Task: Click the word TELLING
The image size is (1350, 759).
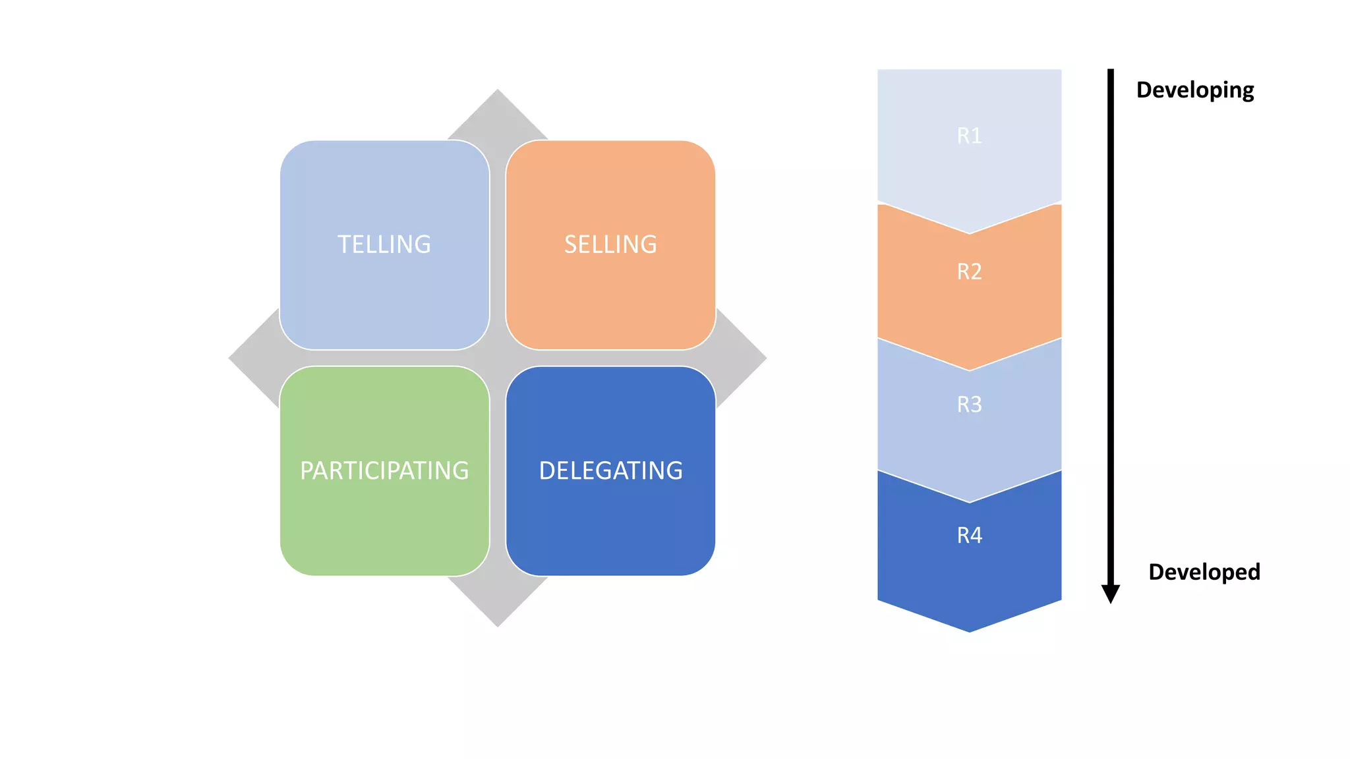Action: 384,244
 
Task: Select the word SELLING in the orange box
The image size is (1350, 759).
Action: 610,244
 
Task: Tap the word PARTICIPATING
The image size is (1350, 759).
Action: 384,470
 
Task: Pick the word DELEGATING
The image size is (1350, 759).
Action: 610,470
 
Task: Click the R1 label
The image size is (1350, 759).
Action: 969,136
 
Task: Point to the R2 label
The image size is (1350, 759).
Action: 969,271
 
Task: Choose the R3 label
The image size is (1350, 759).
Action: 969,404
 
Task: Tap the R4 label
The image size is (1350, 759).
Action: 969,535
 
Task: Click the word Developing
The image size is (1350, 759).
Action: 1194,90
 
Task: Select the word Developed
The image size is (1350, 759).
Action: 1204,572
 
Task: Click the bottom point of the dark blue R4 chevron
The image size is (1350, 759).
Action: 969,630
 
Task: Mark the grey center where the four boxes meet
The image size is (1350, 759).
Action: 498,358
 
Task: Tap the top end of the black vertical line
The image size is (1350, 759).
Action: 1111,71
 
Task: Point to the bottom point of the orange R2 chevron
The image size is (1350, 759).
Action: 969,368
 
